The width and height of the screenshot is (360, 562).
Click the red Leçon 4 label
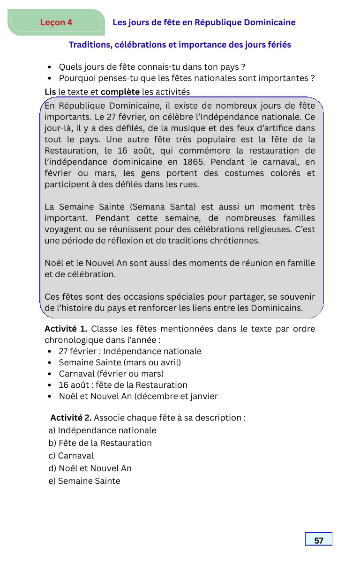click(x=56, y=22)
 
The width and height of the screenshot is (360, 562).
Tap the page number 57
click(x=319, y=540)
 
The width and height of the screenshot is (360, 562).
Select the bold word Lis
click(x=50, y=91)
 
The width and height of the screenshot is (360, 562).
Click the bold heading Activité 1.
click(x=66, y=329)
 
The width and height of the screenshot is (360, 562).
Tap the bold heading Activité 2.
click(x=71, y=417)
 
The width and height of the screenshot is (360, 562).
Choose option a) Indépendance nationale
click(x=102, y=430)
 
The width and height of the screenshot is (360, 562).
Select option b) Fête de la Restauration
click(x=100, y=443)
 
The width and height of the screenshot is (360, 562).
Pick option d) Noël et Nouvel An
click(x=90, y=468)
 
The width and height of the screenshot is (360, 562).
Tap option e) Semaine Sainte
click(x=84, y=481)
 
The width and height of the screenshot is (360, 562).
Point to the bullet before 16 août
click(x=50, y=385)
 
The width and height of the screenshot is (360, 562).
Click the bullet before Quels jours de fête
click(x=50, y=67)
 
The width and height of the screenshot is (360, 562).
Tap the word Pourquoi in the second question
click(x=75, y=78)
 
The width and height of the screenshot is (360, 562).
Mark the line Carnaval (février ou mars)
click(x=111, y=374)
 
